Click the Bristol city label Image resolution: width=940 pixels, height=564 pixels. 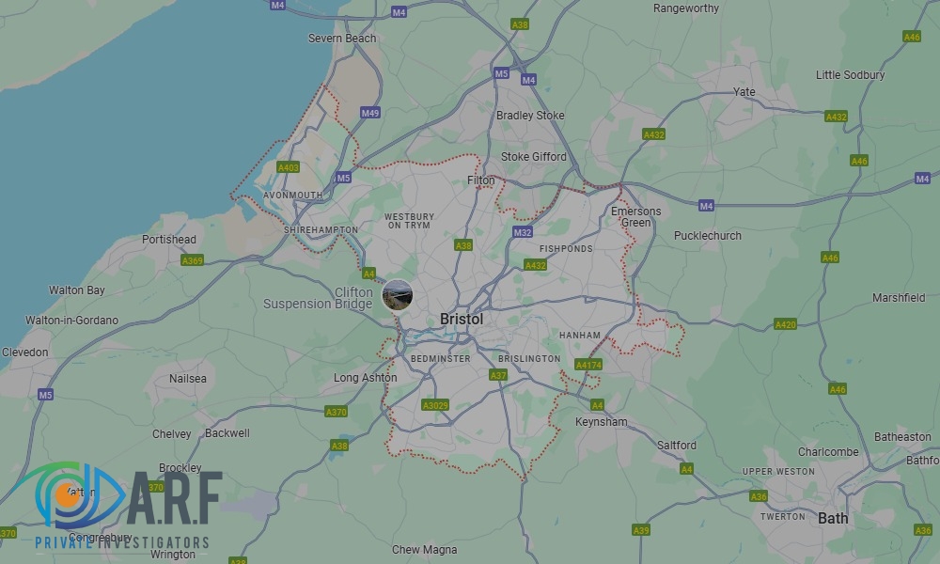tap(462, 320)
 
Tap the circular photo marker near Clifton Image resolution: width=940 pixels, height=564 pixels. tap(398, 294)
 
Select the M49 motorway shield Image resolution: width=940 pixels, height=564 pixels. tap(370, 113)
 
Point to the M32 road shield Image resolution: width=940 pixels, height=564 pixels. tap(523, 232)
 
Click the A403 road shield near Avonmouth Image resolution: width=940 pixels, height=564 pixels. tap(288, 167)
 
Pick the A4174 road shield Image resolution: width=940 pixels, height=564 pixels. tap(588, 365)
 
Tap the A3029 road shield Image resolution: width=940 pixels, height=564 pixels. tap(435, 405)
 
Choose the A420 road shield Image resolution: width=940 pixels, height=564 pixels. tap(785, 324)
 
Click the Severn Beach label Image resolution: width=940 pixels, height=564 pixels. tap(342, 39)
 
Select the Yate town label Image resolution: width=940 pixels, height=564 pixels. tap(744, 92)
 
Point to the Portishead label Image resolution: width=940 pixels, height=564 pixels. tap(169, 240)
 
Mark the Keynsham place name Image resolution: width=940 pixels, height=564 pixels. tap(602, 422)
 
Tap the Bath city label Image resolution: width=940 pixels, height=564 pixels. tap(833, 518)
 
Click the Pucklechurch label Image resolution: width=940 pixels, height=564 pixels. tap(708, 236)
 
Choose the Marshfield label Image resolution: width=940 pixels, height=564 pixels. tap(899, 298)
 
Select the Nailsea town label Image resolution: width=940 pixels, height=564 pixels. tap(187, 378)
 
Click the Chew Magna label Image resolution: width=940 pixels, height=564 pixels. tap(425, 550)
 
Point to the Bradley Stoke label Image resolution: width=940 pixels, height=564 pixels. tap(530, 116)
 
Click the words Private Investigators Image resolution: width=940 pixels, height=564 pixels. tap(122, 542)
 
